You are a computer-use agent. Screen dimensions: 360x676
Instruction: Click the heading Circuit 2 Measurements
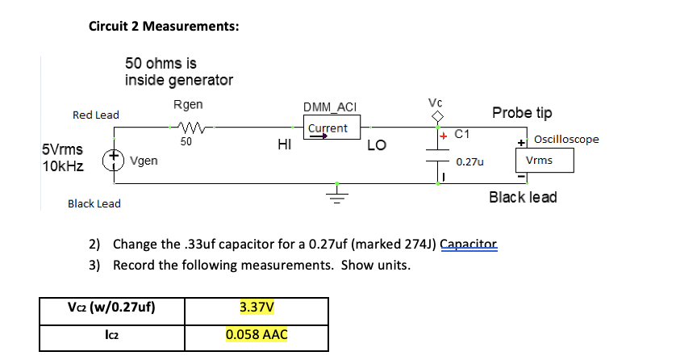pyautogui.click(x=163, y=26)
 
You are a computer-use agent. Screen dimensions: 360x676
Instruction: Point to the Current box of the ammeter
pyautogui.click(x=327, y=129)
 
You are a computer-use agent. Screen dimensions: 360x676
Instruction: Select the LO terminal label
pyautogui.click(x=376, y=146)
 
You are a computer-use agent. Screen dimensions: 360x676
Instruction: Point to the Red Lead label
pyautogui.click(x=95, y=115)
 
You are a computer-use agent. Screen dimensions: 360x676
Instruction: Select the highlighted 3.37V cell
pyautogui.click(x=257, y=308)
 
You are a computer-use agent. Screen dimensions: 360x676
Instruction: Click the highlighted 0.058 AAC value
pyautogui.click(x=257, y=334)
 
